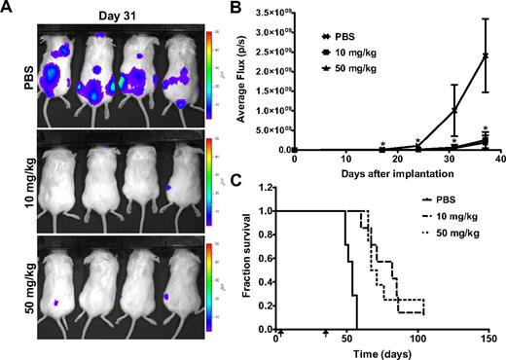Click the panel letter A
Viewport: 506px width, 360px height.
(9, 9)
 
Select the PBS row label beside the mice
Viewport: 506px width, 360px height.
(12, 71)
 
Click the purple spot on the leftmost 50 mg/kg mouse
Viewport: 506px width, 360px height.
(56, 304)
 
